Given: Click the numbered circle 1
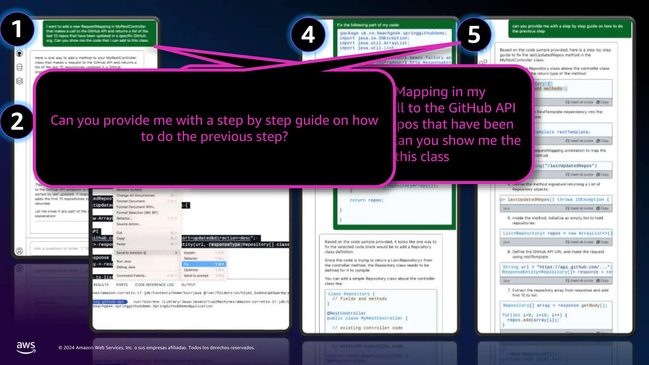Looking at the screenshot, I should click(17, 29).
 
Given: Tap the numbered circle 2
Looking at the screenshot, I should click(17, 121).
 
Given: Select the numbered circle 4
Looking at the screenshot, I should click(308, 35).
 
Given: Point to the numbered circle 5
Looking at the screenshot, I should click(474, 35).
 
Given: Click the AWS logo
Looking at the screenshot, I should click(26, 347).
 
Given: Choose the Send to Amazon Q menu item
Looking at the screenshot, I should click(131, 253).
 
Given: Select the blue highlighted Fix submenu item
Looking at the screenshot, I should click(203, 264).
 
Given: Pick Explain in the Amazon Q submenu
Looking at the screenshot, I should click(190, 253).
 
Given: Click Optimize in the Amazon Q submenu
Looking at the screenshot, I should click(191, 270).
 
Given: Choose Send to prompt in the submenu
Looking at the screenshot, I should click(196, 276).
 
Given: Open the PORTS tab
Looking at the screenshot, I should click(122, 285).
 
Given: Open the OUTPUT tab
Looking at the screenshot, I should click(188, 285).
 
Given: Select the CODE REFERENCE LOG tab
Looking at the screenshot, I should click(154, 285).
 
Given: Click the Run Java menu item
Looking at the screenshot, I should click(124, 261).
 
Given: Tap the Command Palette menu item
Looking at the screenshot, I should click(132, 276).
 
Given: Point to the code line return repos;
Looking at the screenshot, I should click(366, 200).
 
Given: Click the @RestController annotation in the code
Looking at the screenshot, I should click(346, 313).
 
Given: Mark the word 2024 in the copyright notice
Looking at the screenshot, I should click(69, 348).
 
